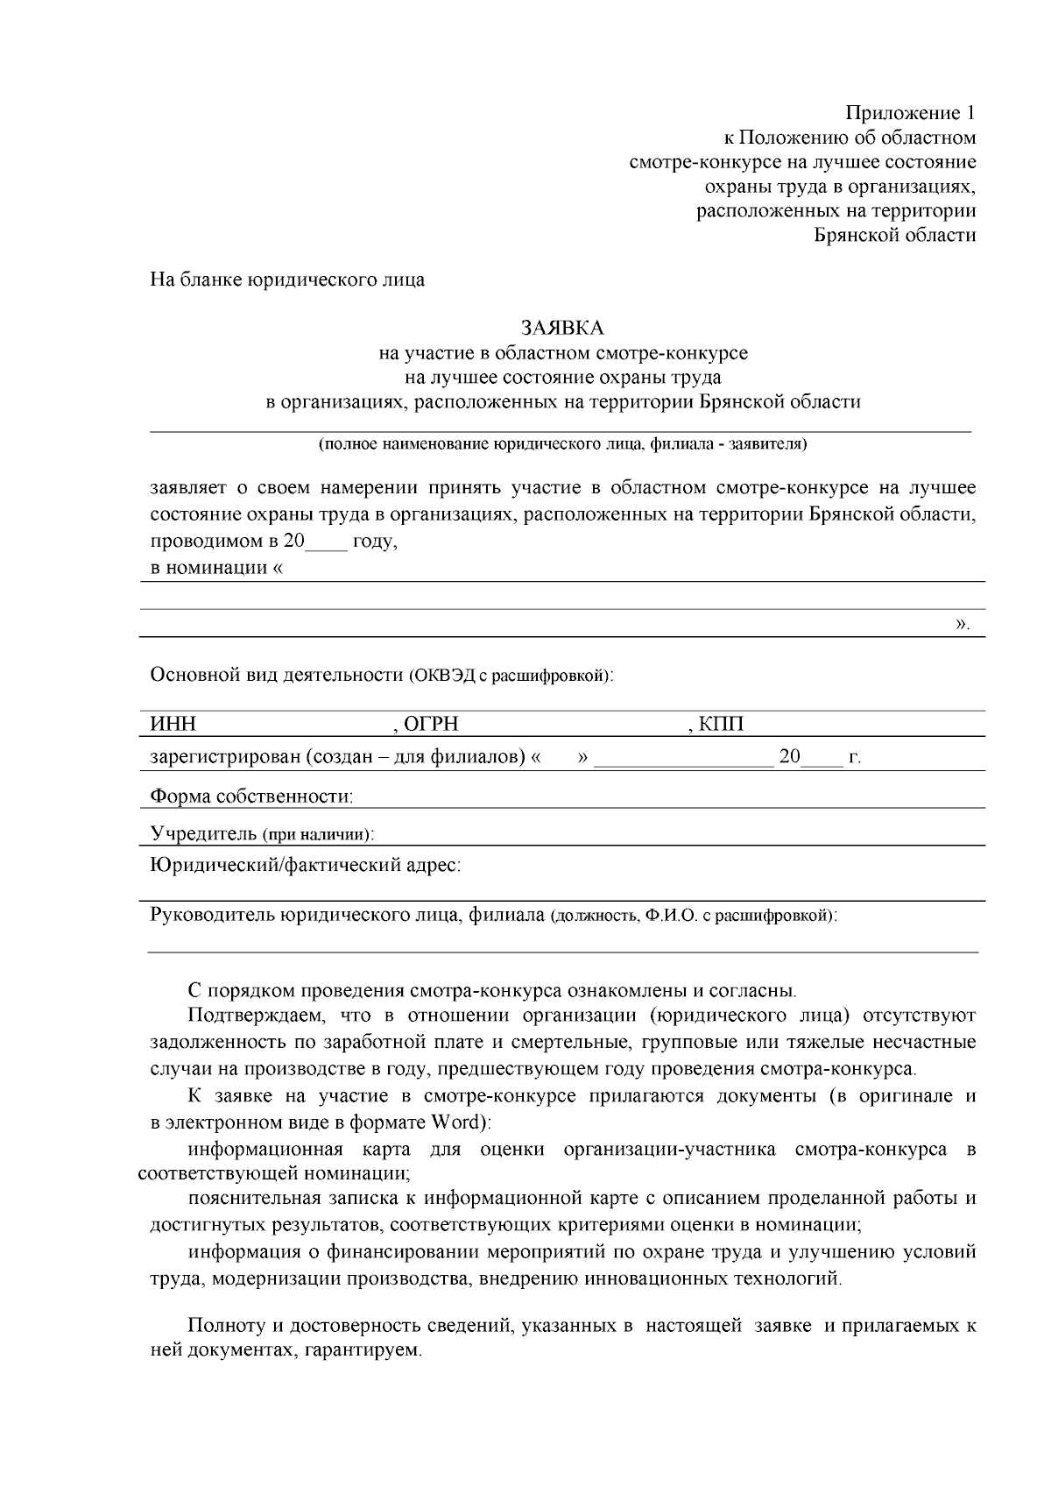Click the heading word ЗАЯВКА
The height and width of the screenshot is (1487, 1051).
point(562,328)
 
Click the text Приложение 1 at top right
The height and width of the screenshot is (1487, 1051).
point(910,113)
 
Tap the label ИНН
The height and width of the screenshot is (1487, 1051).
point(173,725)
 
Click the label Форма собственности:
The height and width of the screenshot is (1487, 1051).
point(252,797)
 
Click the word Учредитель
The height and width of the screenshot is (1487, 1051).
point(203,832)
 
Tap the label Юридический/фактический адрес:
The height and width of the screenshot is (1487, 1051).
point(306,865)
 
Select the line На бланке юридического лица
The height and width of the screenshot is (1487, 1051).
point(287,280)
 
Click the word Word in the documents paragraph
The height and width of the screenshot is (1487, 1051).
point(454,1122)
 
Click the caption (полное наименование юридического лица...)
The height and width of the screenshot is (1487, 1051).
point(562,444)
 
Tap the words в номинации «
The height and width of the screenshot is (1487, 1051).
point(217,568)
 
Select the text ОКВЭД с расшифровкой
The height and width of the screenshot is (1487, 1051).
point(508,676)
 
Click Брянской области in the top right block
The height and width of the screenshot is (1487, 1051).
point(894,235)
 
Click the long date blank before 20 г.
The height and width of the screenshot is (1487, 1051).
point(684,759)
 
